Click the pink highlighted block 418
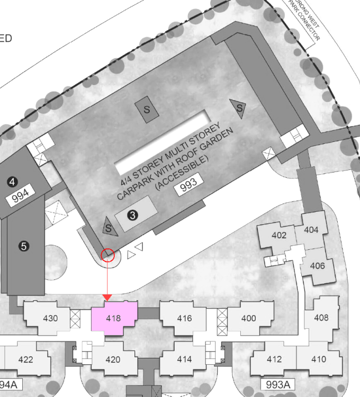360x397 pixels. click(x=114, y=319)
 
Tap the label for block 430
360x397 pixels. click(x=50, y=318)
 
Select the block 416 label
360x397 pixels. click(x=184, y=318)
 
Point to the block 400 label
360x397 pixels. click(x=248, y=318)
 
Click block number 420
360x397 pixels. click(x=113, y=359)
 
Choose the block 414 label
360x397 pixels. click(x=184, y=359)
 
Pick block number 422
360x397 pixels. click(x=25, y=359)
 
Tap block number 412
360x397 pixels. click(x=274, y=359)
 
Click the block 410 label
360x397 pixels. click(x=319, y=359)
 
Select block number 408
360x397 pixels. click(x=321, y=318)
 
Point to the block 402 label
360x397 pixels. click(x=279, y=236)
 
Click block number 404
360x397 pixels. click(x=311, y=230)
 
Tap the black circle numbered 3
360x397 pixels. click(x=133, y=215)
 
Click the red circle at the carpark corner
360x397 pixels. click(x=107, y=255)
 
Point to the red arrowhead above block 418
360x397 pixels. click(x=107, y=299)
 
